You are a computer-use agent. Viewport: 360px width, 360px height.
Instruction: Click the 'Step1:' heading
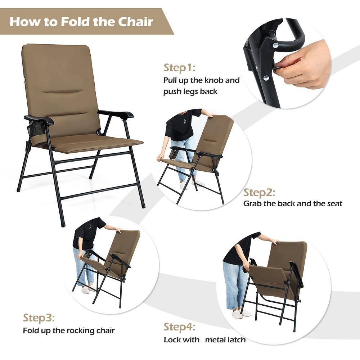(179, 68)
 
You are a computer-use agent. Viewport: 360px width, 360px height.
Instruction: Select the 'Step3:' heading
(39, 318)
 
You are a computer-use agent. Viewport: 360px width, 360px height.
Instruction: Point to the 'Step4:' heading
(179, 327)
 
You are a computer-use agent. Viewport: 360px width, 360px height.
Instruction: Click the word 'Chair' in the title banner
(135, 22)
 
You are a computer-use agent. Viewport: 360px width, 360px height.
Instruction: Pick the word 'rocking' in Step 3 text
(80, 330)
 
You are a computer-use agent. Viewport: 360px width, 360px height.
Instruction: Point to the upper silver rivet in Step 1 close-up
(275, 45)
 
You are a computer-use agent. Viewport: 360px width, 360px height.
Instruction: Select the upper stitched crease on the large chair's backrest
(62, 92)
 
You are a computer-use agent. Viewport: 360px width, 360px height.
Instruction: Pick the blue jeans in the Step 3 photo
(84, 267)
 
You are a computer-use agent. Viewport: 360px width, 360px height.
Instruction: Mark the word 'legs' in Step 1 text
(190, 92)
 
